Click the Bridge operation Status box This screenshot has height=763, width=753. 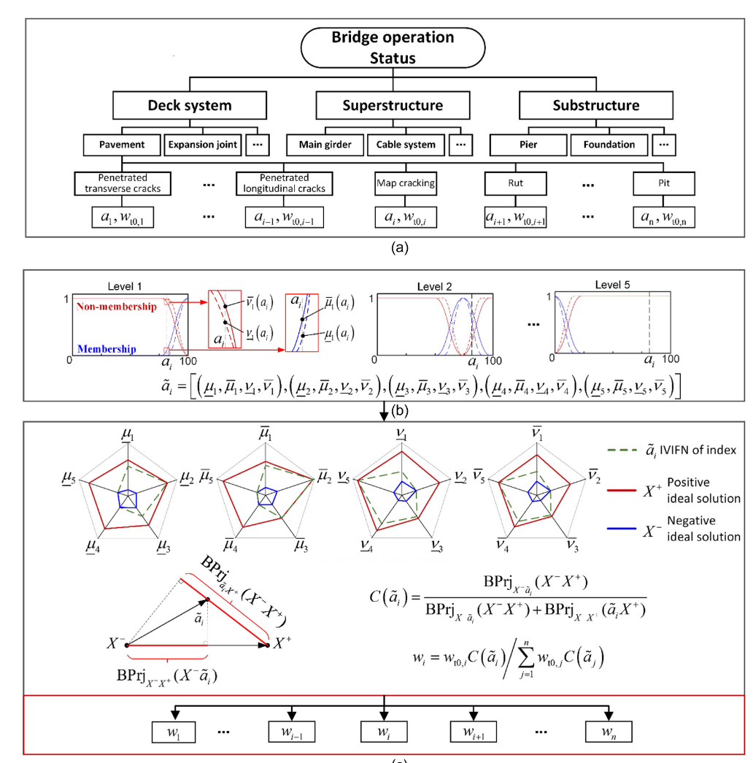point(393,47)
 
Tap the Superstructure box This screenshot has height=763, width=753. point(393,105)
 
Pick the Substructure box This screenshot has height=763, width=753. point(595,105)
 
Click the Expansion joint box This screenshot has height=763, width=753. point(203,145)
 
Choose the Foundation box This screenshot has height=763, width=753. point(609,145)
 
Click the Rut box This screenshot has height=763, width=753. point(517,183)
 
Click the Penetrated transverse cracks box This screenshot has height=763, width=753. point(123,183)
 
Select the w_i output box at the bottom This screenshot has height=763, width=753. point(385,732)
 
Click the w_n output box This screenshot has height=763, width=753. point(608,732)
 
